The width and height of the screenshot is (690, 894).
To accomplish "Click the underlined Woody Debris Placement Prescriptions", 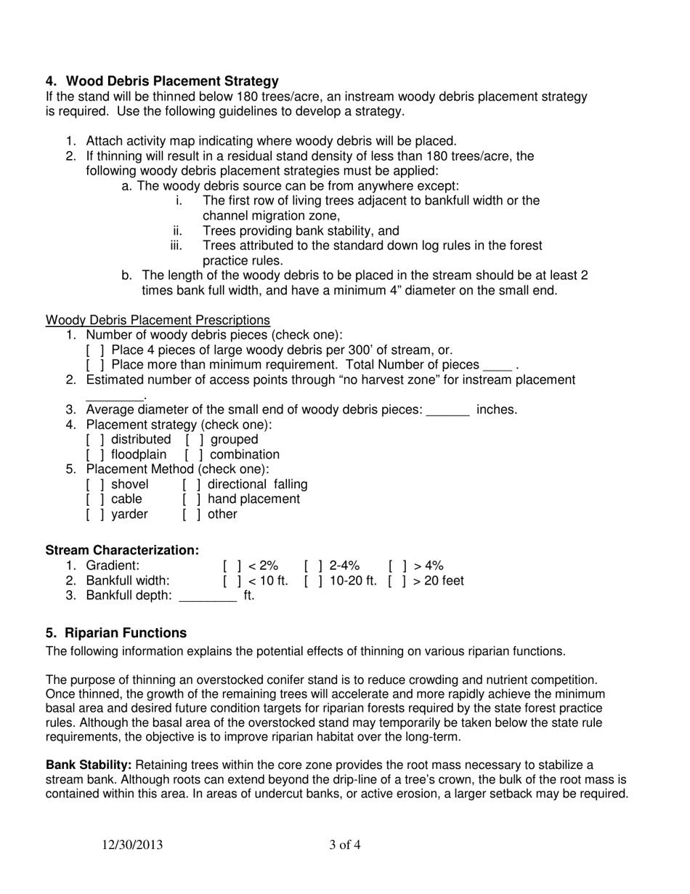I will (x=158, y=321).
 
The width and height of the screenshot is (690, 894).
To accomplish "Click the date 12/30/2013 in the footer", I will (x=132, y=845).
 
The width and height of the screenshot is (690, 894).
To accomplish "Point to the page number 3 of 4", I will (x=344, y=845).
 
